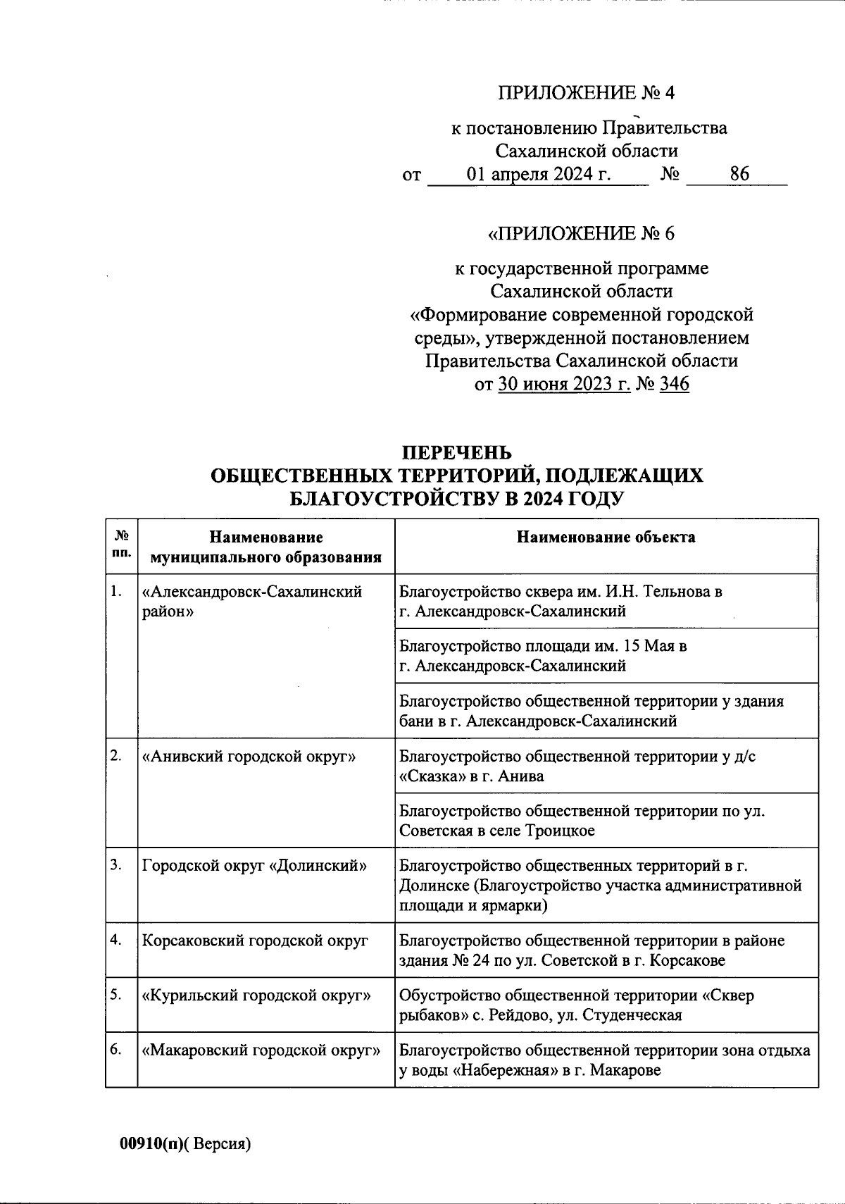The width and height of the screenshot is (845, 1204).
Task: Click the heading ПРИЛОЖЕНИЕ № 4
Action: [x=585, y=93]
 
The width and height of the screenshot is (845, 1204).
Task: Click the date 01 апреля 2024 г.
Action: [x=539, y=174]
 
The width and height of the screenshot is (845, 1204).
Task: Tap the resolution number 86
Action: [x=739, y=174]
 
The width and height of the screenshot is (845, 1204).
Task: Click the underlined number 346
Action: [x=674, y=384]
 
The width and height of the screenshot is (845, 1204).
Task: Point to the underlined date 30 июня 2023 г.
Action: [x=564, y=384]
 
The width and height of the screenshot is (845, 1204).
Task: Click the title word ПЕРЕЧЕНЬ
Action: [x=456, y=452]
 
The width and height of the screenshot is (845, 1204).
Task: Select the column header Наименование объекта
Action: [x=606, y=538]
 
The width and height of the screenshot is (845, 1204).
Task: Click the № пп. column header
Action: [x=121, y=544]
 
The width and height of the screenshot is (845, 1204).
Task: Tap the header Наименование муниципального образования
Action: [x=266, y=547]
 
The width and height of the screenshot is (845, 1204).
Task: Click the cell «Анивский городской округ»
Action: [x=249, y=757]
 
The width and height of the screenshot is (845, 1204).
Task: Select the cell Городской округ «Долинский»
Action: [x=254, y=866]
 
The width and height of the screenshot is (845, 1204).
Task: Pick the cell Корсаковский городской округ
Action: [x=255, y=941]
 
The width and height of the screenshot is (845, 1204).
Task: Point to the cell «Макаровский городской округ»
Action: [x=261, y=1050]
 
